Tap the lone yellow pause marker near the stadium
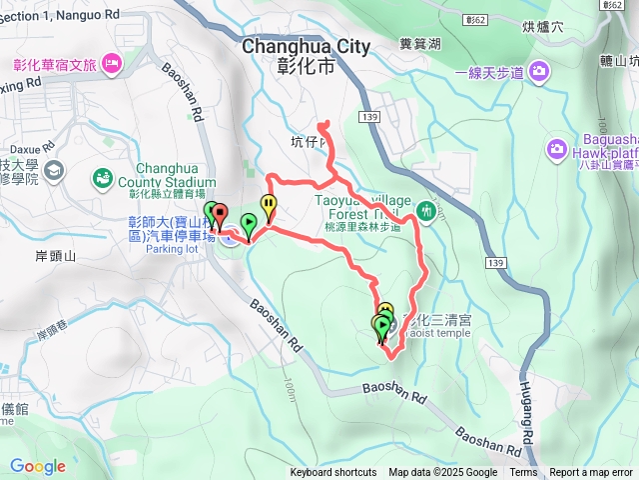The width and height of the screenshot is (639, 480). tap(270, 206)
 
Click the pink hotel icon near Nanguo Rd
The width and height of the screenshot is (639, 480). tap(111, 65)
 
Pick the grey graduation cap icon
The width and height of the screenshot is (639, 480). tap(52, 170)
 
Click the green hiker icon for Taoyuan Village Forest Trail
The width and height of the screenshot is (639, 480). tap(427, 210)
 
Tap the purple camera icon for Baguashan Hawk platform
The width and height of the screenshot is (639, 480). tap(556, 149)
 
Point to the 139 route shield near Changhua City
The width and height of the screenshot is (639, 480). tap(371, 118)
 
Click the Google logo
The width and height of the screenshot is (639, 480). tap(38, 466)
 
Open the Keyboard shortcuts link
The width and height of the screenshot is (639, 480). tap(333, 473)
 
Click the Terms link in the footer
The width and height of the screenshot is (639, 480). tap(523, 473)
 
